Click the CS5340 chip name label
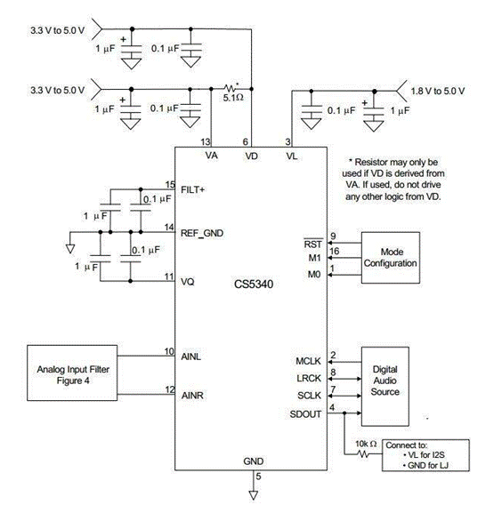tap(254, 285)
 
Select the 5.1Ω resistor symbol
tap(230, 88)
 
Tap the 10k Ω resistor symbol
tap(363, 454)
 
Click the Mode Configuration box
tap(391, 258)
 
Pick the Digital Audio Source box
tap(385, 387)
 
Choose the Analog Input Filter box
tap(72, 373)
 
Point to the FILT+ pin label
tap(192, 190)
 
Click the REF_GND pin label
tap(202, 233)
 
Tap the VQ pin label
tap(187, 282)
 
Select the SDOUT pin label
tap(305, 414)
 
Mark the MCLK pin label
tap(308, 361)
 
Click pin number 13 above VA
tap(206, 141)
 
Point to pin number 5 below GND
tap(258, 476)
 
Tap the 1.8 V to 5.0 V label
tap(438, 92)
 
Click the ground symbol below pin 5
tap(254, 495)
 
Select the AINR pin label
tap(192, 395)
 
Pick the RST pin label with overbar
tap(312, 244)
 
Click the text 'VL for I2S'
tap(426, 454)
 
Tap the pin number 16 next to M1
tap(335, 251)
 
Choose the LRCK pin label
tap(309, 378)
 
